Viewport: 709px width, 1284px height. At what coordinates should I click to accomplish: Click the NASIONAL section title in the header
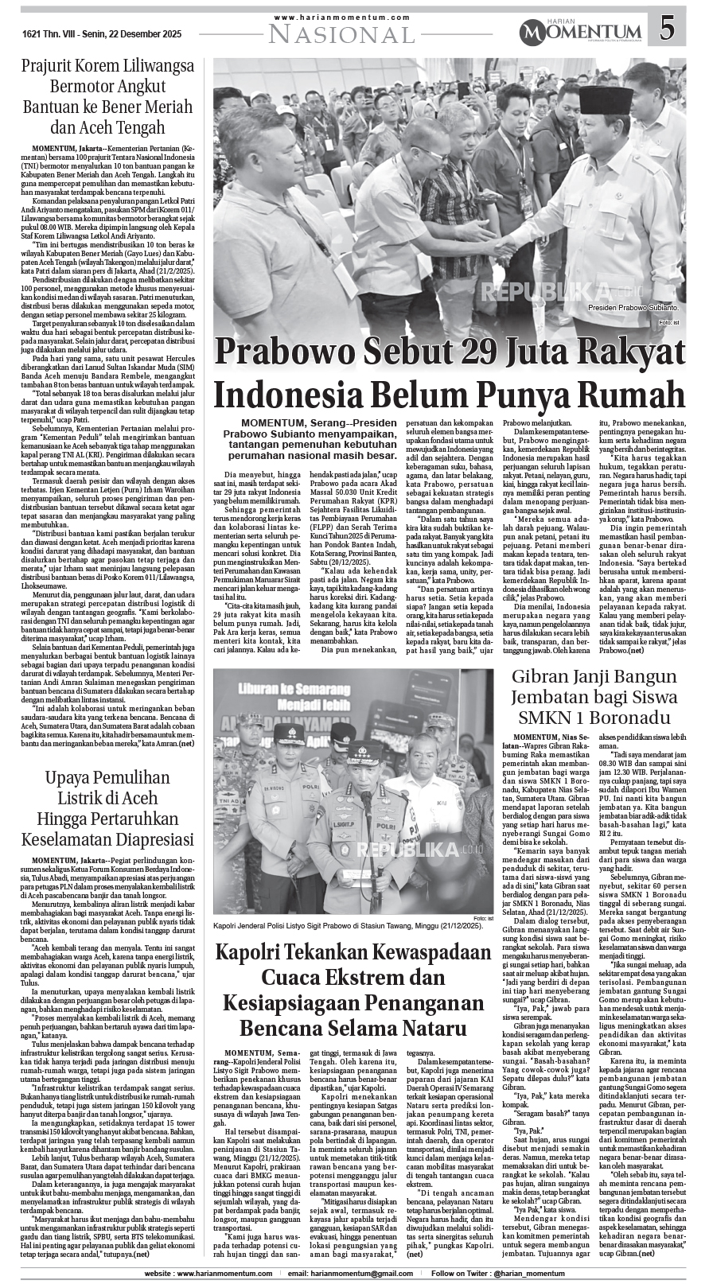[x=341, y=33]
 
